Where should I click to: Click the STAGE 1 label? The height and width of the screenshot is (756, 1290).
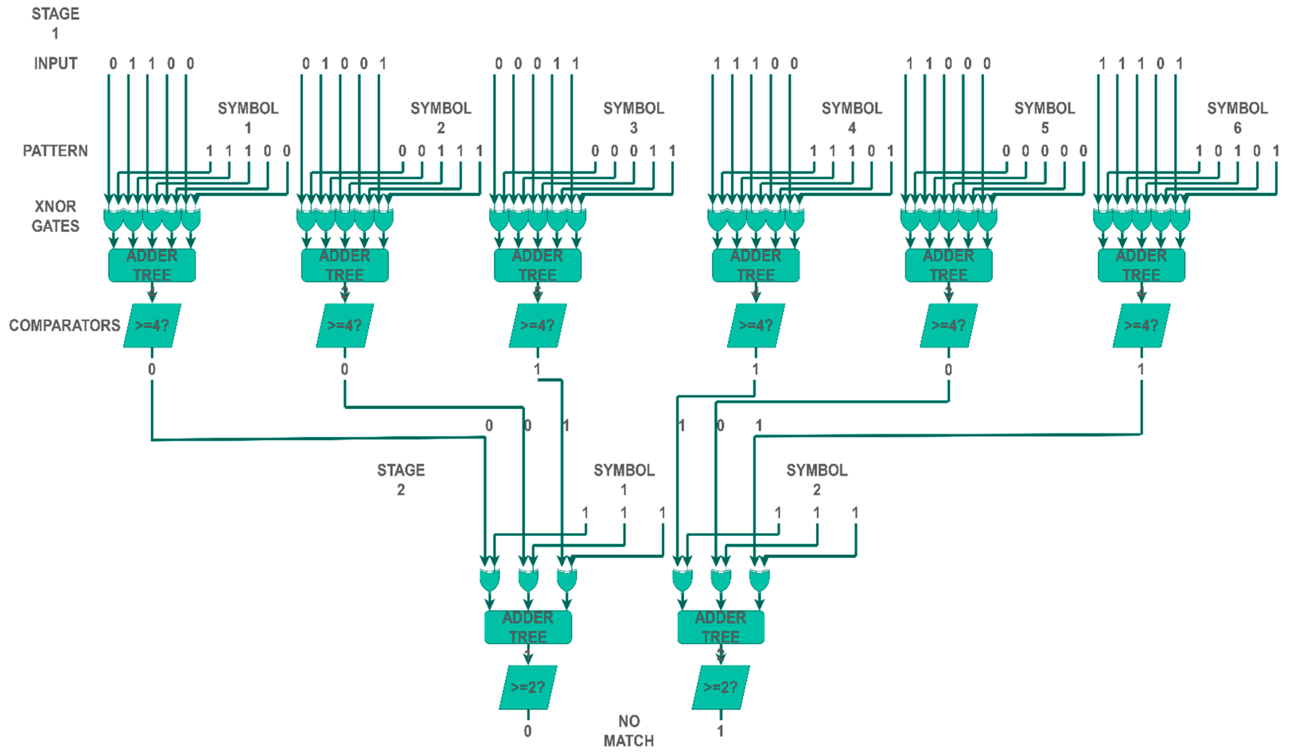point(55,23)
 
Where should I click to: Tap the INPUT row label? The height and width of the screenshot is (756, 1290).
point(55,64)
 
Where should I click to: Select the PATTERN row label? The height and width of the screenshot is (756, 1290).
point(55,150)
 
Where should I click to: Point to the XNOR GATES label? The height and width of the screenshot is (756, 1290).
point(55,216)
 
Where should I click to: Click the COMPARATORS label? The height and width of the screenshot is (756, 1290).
point(64,325)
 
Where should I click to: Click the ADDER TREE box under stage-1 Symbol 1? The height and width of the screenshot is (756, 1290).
point(152,265)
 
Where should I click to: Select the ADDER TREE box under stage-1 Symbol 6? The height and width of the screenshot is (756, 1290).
point(1141,265)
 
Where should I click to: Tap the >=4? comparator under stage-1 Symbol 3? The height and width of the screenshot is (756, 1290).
point(537,326)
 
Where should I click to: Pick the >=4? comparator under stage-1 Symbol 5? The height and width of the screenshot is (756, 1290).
point(949,326)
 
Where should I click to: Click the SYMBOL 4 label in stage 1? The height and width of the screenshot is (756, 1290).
point(852,118)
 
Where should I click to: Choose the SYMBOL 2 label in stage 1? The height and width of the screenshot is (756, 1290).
point(441,118)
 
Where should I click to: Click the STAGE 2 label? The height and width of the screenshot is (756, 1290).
point(401,479)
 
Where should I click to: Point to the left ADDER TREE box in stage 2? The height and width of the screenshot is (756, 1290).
point(528,627)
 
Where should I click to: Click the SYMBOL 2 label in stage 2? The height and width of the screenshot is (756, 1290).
point(817,479)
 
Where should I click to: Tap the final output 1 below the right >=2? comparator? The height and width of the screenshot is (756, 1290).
point(720,731)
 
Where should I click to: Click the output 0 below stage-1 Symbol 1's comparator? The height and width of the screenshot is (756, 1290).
point(152,369)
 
